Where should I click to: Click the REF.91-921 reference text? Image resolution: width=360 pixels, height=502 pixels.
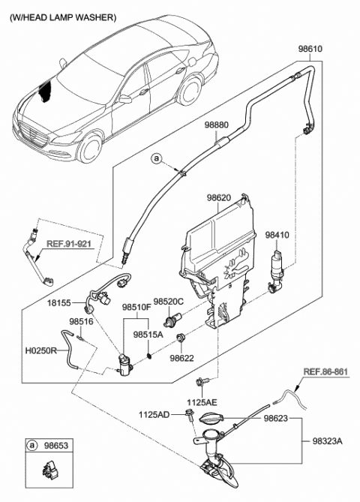pos(70,243)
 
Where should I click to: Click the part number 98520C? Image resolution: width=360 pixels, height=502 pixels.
pos(169,301)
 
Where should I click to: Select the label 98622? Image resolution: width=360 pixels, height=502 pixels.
pos(182,359)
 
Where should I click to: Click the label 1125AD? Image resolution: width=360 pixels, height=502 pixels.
pos(154,413)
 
